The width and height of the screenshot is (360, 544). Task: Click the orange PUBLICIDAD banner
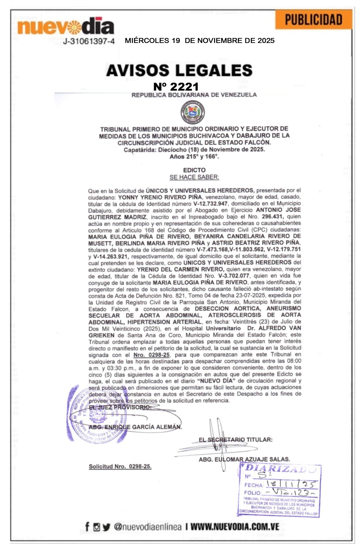(x=313, y=20)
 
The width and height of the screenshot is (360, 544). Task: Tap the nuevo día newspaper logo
(x=66, y=27)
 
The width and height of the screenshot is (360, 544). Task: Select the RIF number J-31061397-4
(x=89, y=41)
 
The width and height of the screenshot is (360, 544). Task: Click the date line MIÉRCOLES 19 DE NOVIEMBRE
(x=200, y=41)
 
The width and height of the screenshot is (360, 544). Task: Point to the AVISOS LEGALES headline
(x=179, y=70)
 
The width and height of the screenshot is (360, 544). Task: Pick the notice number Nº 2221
(x=176, y=87)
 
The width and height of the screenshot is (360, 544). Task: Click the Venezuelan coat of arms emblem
(x=193, y=112)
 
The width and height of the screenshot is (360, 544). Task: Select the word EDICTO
(x=194, y=170)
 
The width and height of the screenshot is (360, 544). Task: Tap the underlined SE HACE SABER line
(x=194, y=177)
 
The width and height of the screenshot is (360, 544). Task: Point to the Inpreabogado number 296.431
(x=272, y=217)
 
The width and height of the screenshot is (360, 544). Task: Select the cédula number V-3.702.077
(x=234, y=276)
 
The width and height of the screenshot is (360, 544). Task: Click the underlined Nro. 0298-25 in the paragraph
(x=152, y=355)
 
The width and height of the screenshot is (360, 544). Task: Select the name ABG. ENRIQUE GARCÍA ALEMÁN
(x=135, y=427)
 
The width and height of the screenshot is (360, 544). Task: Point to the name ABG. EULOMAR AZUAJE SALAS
(x=244, y=459)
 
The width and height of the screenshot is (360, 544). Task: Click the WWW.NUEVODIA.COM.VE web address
(x=235, y=527)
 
